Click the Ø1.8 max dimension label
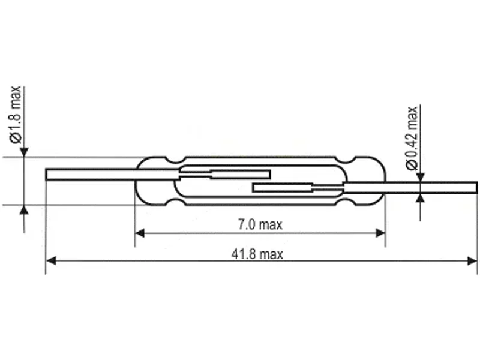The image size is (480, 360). [16, 115]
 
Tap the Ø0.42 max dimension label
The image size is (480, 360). [412, 138]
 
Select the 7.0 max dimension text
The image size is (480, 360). [260, 225]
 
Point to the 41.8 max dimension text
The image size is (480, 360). [257, 254]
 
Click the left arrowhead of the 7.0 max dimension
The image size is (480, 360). [140, 233]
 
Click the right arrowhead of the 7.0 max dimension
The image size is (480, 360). [380, 233]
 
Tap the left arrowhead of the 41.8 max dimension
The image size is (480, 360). [50, 261]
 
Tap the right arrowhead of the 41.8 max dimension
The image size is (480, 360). [472, 261]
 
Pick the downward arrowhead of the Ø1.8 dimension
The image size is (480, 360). [24, 152]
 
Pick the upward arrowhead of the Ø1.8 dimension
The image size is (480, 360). [24, 210]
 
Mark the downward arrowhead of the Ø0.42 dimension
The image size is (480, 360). [421, 177]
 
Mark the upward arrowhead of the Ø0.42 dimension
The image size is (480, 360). [421, 199]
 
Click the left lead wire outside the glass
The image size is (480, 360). [91, 175]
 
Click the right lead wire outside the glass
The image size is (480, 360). [431, 188]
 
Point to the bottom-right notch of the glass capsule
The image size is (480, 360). [346, 202]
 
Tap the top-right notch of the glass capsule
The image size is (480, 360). [346, 160]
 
